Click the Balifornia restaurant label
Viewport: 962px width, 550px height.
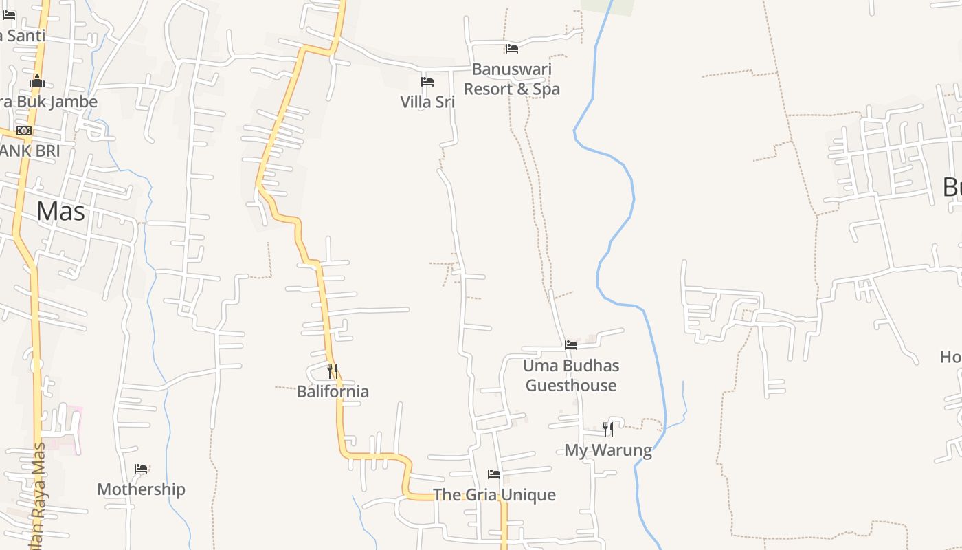click(333, 392)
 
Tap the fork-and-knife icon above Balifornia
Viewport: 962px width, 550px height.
click(333, 371)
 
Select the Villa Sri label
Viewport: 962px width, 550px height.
click(427, 102)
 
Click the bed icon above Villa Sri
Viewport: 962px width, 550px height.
click(427, 82)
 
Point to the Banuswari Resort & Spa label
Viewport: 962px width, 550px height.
click(512, 79)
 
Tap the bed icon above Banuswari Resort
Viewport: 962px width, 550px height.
click(512, 49)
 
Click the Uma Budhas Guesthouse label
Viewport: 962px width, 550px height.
click(571, 375)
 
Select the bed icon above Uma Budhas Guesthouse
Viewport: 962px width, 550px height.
click(571, 345)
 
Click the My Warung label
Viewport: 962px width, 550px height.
click(608, 450)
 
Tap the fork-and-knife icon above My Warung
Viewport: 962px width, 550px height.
click(608, 430)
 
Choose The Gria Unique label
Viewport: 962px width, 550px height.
click(494, 495)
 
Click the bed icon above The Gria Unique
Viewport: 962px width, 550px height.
click(494, 474)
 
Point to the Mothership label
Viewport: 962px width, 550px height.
click(141, 489)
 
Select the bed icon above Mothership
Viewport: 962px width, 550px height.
click(141, 469)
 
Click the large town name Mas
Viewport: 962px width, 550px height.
click(60, 211)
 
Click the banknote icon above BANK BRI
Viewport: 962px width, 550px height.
click(24, 131)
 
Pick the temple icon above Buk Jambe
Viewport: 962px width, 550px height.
click(37, 82)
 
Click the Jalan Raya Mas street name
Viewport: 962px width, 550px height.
click(38, 495)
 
